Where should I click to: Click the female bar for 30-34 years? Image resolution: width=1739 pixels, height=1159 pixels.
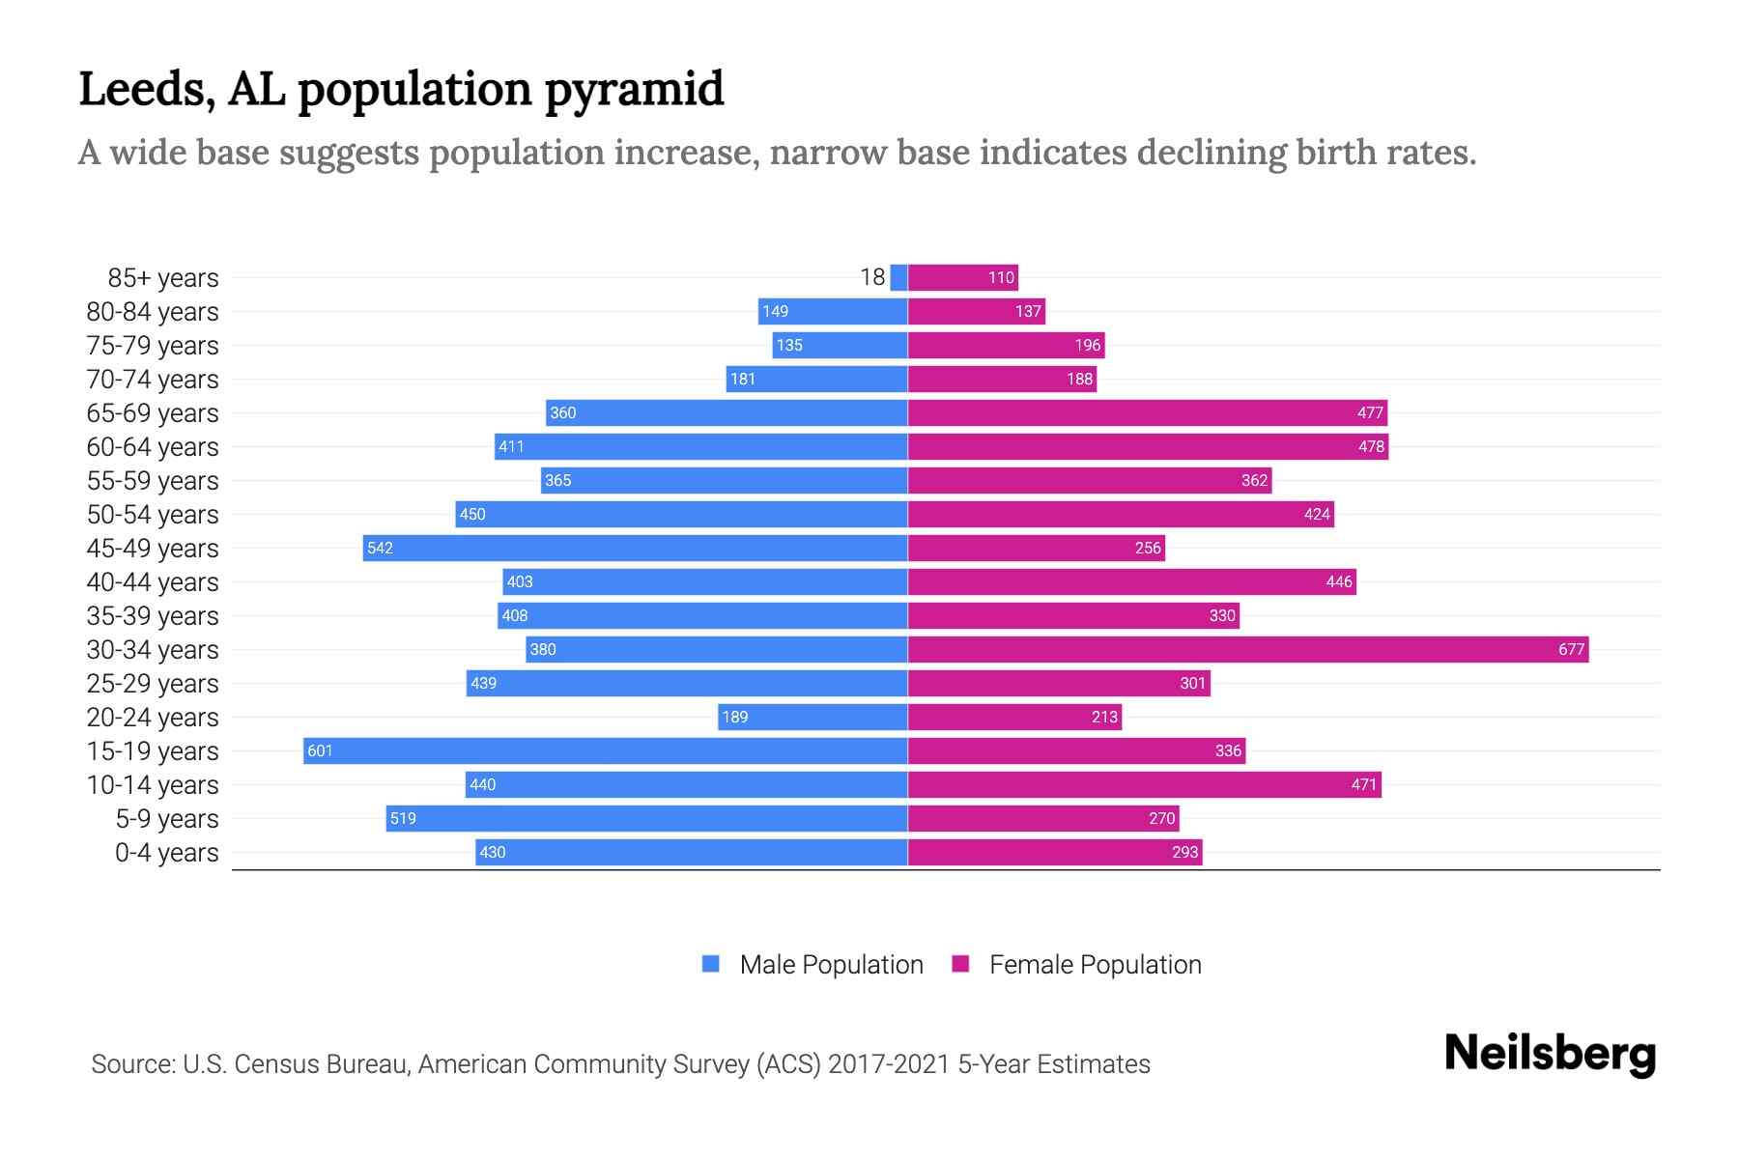point(1246,649)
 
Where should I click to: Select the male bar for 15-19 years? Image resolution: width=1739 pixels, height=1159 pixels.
point(605,750)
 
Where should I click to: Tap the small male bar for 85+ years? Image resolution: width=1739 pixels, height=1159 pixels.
point(898,277)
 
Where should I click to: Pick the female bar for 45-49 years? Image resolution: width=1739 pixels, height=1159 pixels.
point(1036,548)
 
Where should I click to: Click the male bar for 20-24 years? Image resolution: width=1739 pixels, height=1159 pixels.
point(812,717)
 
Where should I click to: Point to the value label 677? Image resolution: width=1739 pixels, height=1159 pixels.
point(1571,649)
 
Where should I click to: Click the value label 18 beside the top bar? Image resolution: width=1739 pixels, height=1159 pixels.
point(872,277)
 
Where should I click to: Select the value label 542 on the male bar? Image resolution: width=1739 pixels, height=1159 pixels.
point(380,548)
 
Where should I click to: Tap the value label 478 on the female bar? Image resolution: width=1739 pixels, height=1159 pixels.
point(1371,446)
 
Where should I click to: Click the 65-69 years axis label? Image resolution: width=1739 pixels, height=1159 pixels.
point(153,412)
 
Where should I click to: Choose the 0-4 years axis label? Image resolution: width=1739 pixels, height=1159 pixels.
point(166,852)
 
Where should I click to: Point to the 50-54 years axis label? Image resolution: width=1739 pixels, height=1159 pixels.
point(153,514)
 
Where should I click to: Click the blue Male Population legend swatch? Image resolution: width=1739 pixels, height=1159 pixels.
point(711,964)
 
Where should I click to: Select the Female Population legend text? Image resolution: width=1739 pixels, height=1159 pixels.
point(1095,964)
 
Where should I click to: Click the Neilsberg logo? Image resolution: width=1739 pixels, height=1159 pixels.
point(1550,1054)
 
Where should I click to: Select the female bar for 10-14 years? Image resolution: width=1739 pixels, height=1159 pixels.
point(1144,784)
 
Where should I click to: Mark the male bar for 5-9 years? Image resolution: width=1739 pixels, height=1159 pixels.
point(646,818)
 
